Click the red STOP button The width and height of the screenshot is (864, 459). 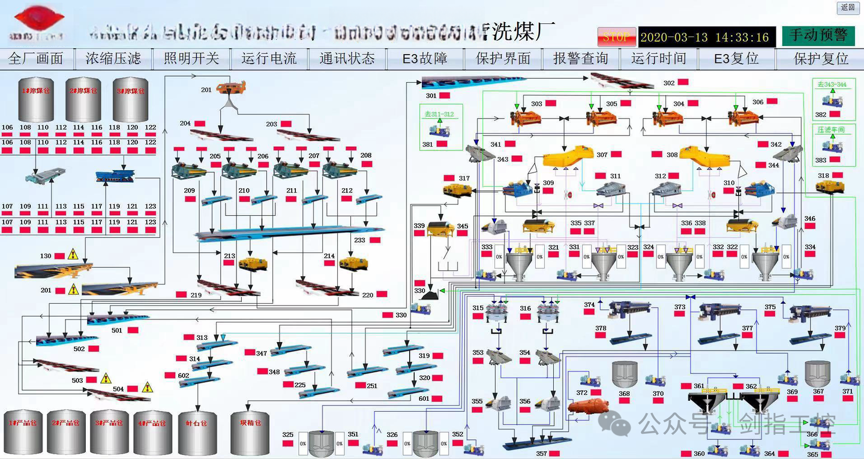[616, 37]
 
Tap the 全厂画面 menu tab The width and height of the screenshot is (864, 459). [36, 59]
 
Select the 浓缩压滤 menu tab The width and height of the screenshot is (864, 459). [113, 59]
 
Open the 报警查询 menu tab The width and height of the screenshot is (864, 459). [580, 59]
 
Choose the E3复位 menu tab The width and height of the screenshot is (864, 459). [736, 59]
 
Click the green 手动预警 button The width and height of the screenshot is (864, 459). [821, 35]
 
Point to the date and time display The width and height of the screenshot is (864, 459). [704, 37]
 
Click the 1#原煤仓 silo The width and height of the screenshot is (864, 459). [36, 99]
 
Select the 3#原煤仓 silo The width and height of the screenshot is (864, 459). [130, 99]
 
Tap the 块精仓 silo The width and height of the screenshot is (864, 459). [250, 432]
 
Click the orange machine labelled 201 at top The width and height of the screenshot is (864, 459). [231, 87]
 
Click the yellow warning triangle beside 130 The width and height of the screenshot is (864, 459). [73, 255]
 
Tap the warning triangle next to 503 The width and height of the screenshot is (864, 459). [106, 378]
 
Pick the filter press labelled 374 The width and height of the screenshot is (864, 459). [629, 309]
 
